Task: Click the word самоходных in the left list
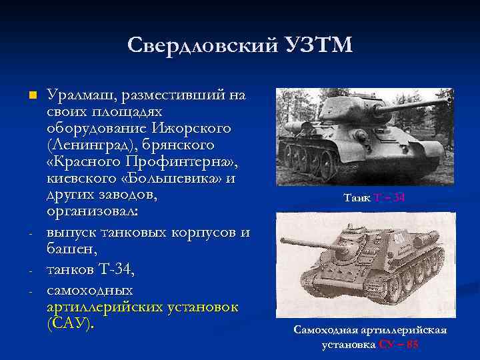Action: (89, 290)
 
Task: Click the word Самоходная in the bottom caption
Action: (327, 331)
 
